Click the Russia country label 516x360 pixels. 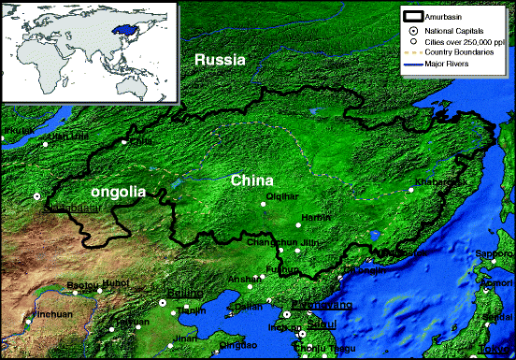(220, 60)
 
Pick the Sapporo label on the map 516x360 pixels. (498, 253)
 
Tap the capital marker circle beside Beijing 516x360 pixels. (162, 302)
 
